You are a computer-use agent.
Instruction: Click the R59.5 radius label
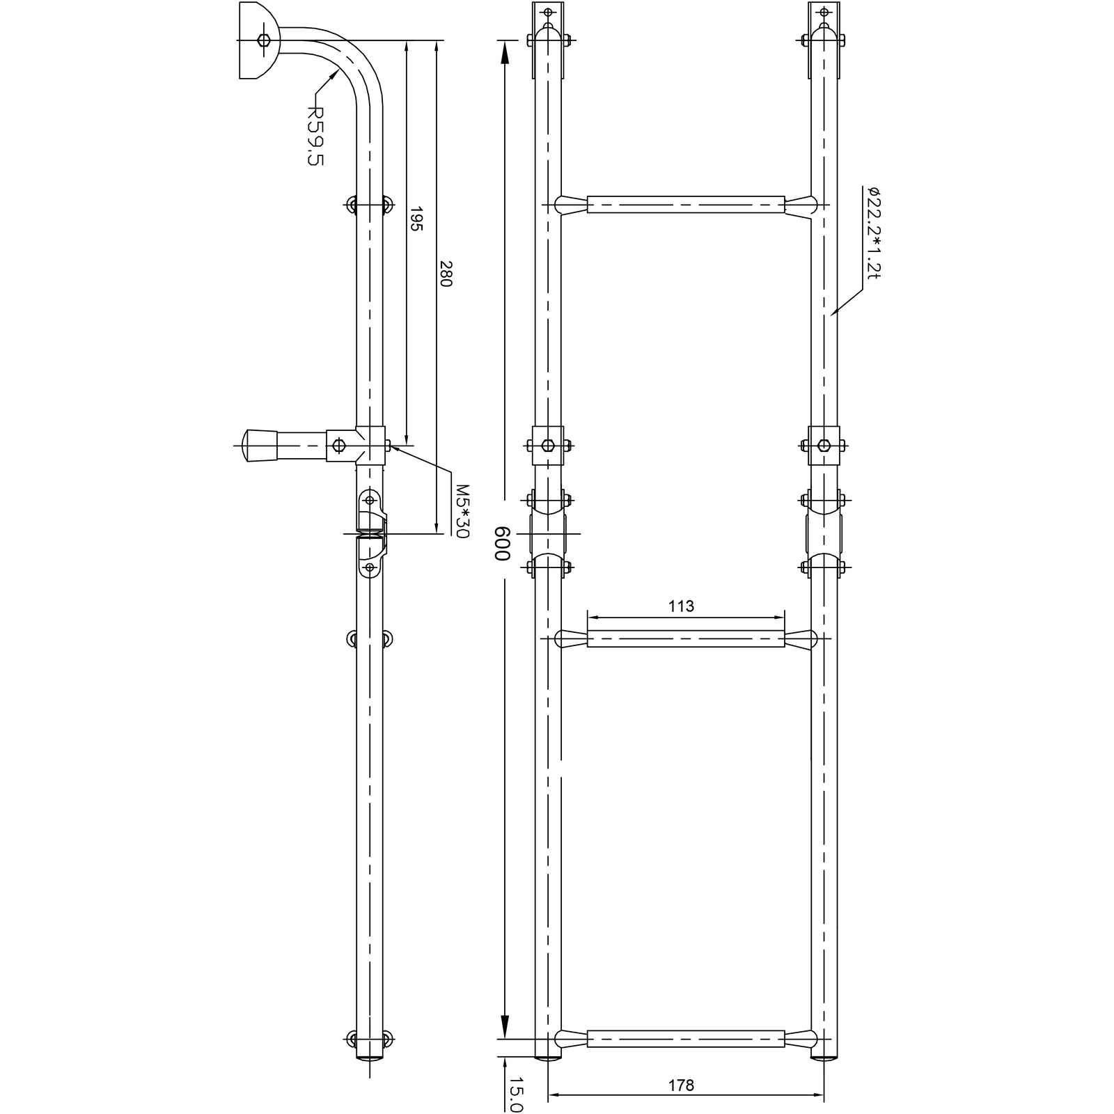tap(316, 136)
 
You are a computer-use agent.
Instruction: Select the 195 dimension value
tap(416, 219)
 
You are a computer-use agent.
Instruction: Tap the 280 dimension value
tap(446, 274)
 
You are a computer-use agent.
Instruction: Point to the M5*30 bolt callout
tap(462, 511)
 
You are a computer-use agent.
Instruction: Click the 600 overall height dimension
tap(503, 543)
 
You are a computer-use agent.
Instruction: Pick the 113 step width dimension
tap(681, 606)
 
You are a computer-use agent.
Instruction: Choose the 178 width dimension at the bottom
tap(681, 1085)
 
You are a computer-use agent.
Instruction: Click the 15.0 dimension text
tap(515, 1095)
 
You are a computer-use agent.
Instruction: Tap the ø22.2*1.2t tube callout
tap(874, 233)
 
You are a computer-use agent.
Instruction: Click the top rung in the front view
tap(686, 205)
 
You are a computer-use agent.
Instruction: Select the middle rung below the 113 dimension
tap(686, 638)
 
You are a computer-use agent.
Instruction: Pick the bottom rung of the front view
tap(686, 1039)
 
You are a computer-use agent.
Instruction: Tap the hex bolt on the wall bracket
tap(263, 40)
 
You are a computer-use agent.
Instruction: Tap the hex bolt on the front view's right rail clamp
tap(824, 446)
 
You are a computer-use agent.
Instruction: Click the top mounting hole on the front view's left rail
tap(548, 12)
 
